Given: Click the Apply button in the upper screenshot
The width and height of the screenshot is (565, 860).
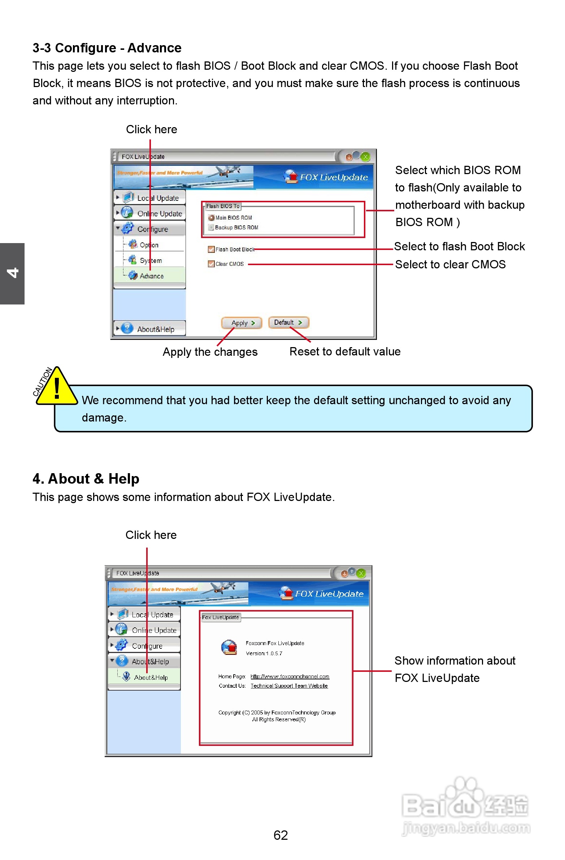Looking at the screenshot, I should click(241, 323).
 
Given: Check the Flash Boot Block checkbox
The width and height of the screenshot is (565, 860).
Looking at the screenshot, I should click(211, 249).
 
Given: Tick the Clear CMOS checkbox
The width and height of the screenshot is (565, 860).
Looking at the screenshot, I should click(211, 264).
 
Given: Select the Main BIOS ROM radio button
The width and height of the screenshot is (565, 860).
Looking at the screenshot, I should click(211, 217).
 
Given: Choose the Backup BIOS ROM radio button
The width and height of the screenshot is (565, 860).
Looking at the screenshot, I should click(211, 227).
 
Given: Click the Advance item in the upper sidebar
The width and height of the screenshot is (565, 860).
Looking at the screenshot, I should click(151, 276).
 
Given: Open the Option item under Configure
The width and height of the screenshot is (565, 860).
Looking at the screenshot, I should click(149, 245).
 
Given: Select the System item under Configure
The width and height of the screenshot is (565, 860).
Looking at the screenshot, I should click(151, 260).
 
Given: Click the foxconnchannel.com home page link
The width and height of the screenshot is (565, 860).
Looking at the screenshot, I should click(290, 677).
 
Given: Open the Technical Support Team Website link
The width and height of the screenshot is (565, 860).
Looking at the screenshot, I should click(289, 686).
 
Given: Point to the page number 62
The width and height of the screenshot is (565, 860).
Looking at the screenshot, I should click(281, 835).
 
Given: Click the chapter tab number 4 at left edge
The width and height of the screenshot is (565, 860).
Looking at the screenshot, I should click(12, 273).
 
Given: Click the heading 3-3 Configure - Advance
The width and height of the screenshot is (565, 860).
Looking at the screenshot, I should click(107, 48).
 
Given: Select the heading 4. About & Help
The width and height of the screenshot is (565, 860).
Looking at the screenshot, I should click(86, 479).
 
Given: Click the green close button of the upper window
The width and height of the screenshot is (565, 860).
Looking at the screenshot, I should click(366, 157).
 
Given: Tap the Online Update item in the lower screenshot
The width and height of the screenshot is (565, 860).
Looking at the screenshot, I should click(154, 630).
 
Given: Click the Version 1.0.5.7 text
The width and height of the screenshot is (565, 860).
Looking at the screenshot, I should click(264, 653).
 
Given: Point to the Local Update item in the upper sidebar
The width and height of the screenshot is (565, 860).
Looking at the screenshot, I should click(157, 198).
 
